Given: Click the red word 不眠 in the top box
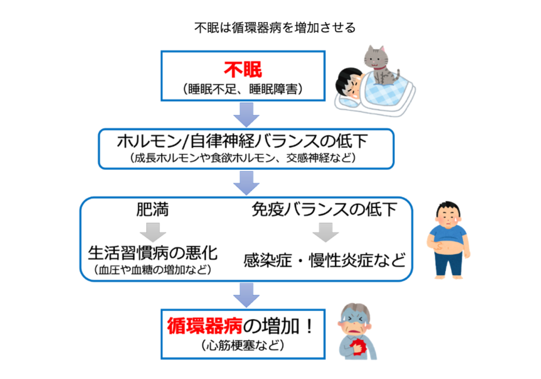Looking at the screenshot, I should click(243, 70).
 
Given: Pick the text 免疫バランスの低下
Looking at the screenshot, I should click(324, 210).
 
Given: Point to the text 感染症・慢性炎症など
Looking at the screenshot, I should click(324, 261).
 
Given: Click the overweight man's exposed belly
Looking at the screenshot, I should click(448, 248).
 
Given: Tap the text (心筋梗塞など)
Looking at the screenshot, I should click(243, 345).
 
